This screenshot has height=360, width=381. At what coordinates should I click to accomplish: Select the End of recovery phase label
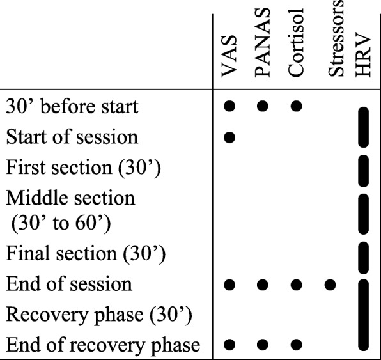tap(102, 345)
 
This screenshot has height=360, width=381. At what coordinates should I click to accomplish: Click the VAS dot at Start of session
tap(231, 137)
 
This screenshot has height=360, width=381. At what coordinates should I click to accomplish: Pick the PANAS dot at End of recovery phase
tap(263, 346)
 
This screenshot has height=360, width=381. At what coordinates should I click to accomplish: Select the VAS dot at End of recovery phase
tap(231, 346)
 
